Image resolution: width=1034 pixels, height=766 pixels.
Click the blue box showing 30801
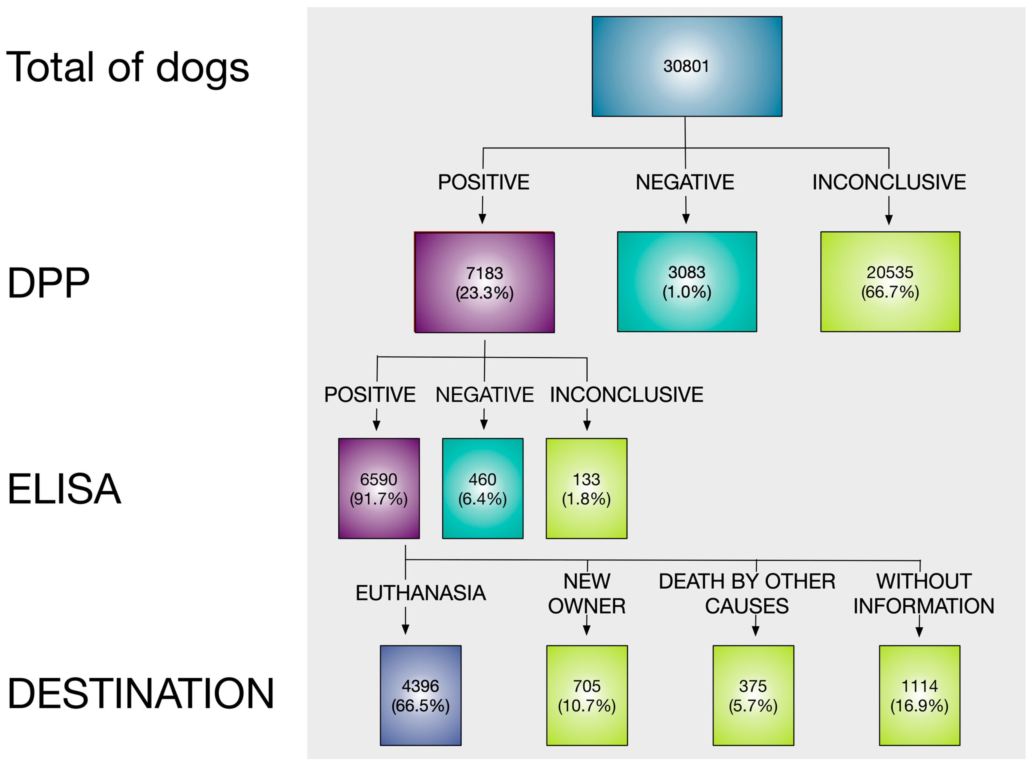(x=687, y=66)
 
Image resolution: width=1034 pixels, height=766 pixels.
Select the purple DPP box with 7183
(x=484, y=282)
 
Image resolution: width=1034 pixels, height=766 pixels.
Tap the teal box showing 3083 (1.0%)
(x=687, y=281)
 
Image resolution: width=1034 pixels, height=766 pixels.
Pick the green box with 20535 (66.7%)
(x=890, y=281)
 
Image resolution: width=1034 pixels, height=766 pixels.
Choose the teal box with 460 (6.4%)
(x=482, y=488)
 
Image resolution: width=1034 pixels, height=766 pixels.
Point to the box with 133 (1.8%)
(x=586, y=488)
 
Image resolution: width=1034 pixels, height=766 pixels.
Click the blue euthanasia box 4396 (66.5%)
(x=420, y=695)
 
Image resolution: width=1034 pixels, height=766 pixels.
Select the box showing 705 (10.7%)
(x=587, y=695)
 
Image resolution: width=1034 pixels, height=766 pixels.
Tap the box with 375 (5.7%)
(x=753, y=695)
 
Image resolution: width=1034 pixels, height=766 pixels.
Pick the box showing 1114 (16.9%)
(x=920, y=695)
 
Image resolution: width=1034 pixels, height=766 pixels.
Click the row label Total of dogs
(x=128, y=67)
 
